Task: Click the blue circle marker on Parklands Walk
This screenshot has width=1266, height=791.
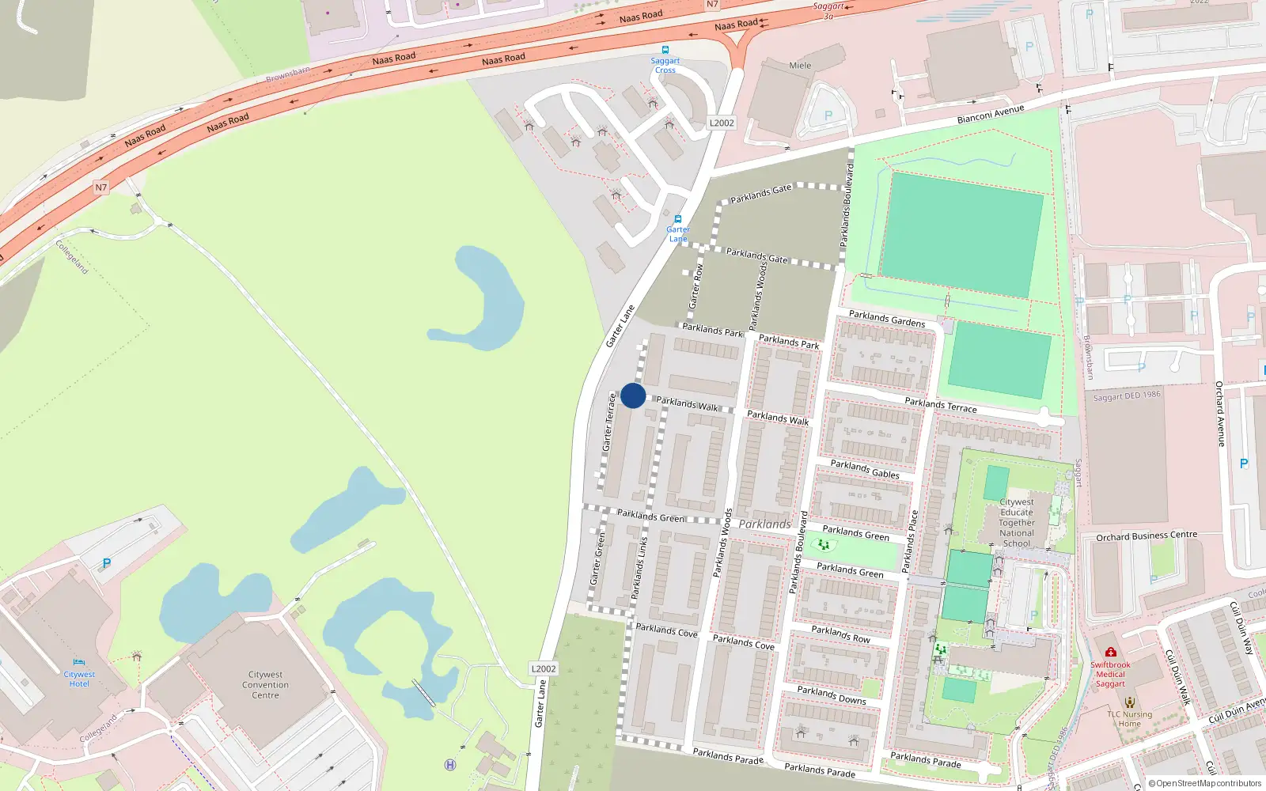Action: click(x=633, y=395)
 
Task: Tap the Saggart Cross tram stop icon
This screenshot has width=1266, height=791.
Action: click(x=665, y=49)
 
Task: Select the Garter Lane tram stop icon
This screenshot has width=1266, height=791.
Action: click(x=678, y=219)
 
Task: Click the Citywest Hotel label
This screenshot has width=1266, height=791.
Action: click(x=79, y=679)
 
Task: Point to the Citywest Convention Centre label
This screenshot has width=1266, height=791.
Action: click(x=266, y=685)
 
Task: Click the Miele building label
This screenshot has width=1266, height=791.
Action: click(x=800, y=66)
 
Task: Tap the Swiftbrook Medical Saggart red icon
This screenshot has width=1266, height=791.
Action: click(x=1111, y=653)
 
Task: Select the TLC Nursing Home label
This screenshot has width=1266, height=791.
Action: click(x=1129, y=719)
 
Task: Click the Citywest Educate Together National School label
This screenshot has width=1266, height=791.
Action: click(x=1017, y=523)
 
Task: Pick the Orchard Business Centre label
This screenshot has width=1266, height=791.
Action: click(x=1147, y=536)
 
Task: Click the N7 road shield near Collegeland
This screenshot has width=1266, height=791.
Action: click(x=100, y=187)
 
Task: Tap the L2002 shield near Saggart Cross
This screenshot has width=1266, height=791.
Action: click(x=722, y=123)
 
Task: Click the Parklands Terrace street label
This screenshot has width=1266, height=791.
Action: click(x=941, y=405)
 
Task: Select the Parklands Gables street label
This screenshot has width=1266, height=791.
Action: click(x=865, y=469)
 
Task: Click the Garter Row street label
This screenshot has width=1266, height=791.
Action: click(x=696, y=286)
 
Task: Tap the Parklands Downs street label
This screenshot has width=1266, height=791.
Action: click(x=832, y=695)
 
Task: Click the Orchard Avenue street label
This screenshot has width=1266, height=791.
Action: click(x=1220, y=414)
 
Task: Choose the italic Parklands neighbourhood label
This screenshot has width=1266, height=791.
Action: click(x=764, y=524)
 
